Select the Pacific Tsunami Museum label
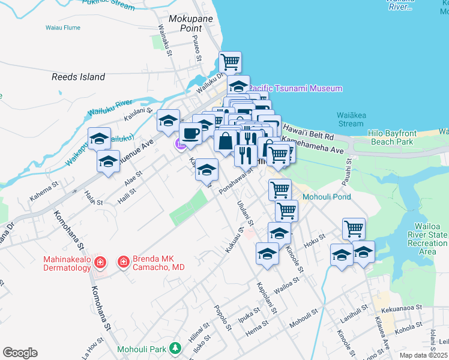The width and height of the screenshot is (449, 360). [297, 88]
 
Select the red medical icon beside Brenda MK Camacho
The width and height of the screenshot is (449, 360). [123, 262]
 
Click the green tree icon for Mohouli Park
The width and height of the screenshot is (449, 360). [175, 348]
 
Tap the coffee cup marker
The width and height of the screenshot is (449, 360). [190, 133]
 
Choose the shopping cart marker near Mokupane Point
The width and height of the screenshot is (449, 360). [230, 62]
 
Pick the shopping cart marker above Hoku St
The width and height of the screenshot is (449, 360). [354, 229]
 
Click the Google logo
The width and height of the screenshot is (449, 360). [20, 353]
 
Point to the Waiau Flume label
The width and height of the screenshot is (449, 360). [62, 28]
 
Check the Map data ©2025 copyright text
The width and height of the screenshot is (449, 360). [423, 355]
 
